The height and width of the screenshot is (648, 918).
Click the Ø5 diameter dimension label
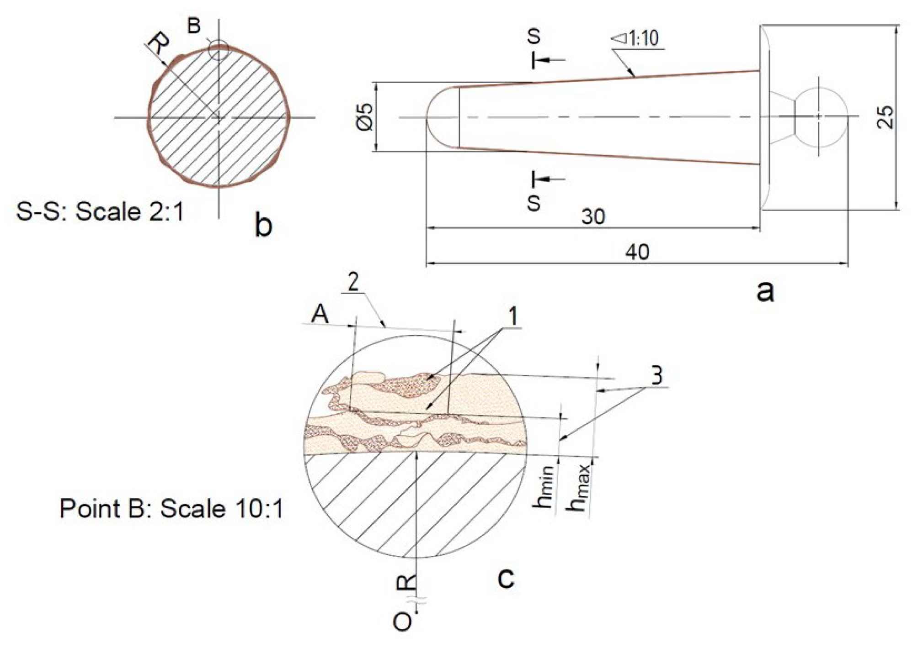(366, 117)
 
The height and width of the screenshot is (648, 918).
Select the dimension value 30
(593, 216)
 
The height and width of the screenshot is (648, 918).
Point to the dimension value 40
(637, 252)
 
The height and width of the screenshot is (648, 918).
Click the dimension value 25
(886, 117)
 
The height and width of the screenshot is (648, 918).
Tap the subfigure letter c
(506, 578)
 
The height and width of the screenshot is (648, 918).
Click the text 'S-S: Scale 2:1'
(100, 212)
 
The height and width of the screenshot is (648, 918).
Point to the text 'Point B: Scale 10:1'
(171, 508)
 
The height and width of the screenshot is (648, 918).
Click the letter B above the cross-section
(194, 26)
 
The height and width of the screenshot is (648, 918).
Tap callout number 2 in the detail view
(352, 283)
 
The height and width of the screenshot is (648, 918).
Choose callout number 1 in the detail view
(513, 316)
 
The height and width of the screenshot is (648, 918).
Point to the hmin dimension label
(544, 489)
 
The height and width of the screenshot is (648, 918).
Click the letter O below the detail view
(402, 622)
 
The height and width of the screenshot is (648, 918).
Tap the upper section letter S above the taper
(534, 36)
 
